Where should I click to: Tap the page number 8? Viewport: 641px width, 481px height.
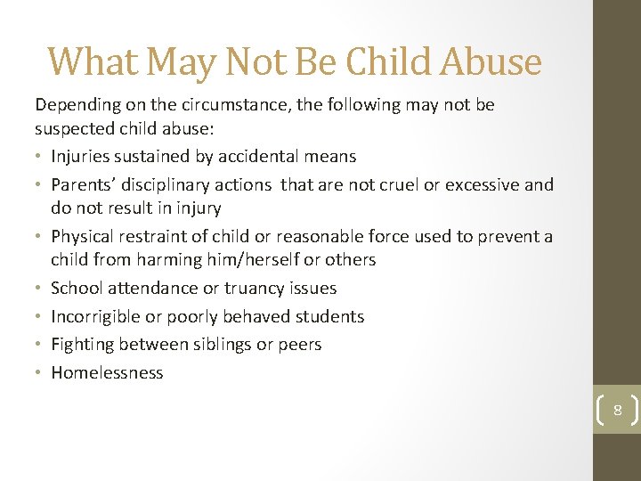617,411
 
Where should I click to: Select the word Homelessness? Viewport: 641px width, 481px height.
107,372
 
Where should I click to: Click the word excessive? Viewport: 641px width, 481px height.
481,185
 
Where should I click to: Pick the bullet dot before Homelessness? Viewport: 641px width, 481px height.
40,372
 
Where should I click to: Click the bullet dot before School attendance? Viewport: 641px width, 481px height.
40,288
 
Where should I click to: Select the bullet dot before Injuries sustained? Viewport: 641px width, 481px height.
40,157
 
